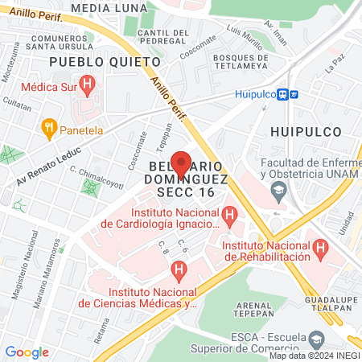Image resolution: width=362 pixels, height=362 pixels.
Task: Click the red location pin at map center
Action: click(181, 162)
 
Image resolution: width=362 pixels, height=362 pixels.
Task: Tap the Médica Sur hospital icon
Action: click(88, 82)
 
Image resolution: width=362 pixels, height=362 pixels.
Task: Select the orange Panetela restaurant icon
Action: click(49, 127)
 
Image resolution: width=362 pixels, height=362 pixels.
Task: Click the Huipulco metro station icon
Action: click(287, 93)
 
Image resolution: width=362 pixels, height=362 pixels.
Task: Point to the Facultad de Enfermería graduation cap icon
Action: click(279, 191)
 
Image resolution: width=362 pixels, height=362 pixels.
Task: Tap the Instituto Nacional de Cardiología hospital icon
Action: click(231, 216)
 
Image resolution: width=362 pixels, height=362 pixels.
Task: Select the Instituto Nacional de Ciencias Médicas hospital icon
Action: click(179, 269)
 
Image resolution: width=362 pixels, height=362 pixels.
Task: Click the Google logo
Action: click(27, 352)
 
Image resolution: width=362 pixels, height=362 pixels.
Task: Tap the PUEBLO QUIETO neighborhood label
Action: click(88, 61)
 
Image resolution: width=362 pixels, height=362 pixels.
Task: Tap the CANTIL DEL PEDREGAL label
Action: click(163, 37)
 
